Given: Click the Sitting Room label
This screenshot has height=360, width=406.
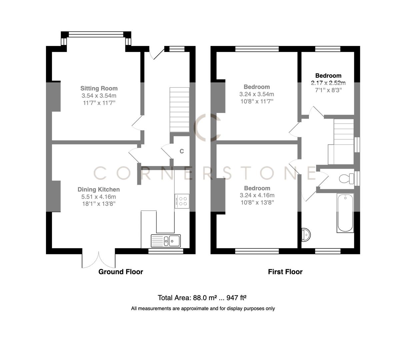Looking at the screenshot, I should coord(99,88).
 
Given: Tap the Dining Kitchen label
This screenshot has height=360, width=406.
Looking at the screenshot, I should coord(98,189).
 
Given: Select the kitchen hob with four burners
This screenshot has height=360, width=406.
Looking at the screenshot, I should coord(182,201).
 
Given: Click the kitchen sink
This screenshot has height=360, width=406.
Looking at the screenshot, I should coord(166,240).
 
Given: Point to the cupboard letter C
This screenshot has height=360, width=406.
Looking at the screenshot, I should coord(182,151).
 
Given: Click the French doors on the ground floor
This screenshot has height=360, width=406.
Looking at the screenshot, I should coord(99,260).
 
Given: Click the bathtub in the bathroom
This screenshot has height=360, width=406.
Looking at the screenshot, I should coord(345,213).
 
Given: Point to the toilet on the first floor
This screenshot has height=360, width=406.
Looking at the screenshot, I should coord(347,179).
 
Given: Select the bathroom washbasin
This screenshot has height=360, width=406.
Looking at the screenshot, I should coord(306,235).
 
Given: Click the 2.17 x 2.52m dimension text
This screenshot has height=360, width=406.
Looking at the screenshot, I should coord(328,83).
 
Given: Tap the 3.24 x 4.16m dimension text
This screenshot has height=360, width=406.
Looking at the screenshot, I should coord(257,195).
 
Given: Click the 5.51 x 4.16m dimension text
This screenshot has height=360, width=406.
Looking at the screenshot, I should coord(98,197).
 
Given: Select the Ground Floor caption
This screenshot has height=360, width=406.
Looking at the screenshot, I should coord(121,272).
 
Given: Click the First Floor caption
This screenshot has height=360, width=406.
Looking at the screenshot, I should coord(285,272).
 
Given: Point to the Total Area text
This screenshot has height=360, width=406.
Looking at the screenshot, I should coord(203,298).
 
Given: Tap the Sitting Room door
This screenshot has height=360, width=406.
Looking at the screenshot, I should coord(137,123).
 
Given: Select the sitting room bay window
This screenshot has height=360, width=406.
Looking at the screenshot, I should coord(96,34).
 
